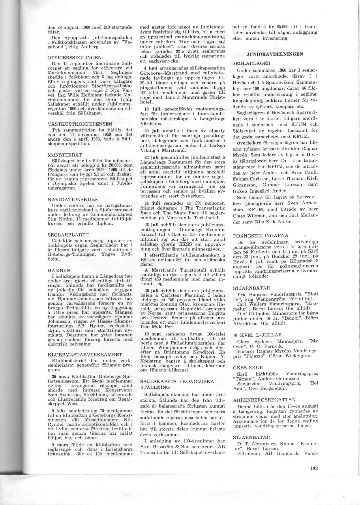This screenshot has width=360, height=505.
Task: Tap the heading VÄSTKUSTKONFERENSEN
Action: [75, 124]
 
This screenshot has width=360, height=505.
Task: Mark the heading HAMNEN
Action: [58, 270]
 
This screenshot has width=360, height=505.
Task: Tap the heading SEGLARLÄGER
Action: [251, 63]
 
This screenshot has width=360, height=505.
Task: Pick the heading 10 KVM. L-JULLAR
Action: [257, 335]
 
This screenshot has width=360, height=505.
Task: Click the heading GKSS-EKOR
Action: [247, 368]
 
